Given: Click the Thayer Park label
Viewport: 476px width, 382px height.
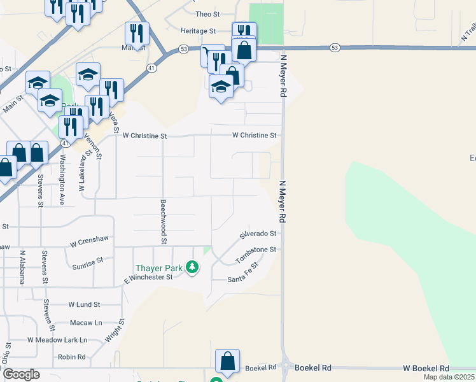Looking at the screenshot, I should (158, 268).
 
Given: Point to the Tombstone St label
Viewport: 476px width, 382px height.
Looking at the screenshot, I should (256, 255).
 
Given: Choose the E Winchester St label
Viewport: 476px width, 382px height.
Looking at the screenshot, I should (148, 277).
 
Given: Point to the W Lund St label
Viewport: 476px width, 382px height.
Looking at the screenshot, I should (84, 305).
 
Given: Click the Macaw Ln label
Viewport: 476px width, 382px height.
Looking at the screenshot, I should (89, 323).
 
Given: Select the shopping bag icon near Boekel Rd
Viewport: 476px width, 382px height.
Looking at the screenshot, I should (228, 360).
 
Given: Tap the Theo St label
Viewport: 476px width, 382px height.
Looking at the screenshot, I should (207, 13).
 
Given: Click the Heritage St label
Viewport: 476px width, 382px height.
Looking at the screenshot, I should (199, 31).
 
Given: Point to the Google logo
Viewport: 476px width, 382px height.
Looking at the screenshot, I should (20, 374).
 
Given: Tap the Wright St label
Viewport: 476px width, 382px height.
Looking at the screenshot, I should (115, 332).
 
